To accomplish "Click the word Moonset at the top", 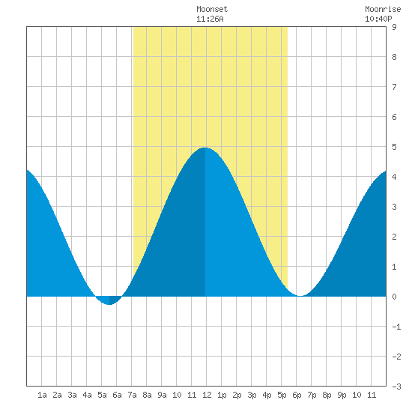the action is [x=212, y=9].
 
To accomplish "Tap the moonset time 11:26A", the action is [x=210, y=19].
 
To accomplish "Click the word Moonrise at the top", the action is [x=383, y=9].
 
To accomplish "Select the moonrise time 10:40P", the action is [x=378, y=19].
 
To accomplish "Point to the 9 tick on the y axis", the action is [x=394, y=27].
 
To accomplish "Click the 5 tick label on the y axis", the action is [x=394, y=147].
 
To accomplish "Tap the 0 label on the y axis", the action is [x=394, y=297].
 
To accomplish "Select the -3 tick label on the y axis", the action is [x=396, y=387].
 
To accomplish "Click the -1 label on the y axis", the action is [x=396, y=327].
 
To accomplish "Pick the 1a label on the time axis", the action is [x=42, y=395].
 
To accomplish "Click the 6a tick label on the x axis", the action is [x=117, y=395].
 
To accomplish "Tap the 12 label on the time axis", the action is [x=207, y=395].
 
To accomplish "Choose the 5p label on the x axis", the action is [x=282, y=395].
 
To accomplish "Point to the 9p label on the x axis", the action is [x=342, y=395].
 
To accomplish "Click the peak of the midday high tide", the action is [x=205, y=148].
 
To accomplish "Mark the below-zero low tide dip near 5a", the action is [x=109, y=304].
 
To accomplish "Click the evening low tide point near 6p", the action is [x=300, y=296].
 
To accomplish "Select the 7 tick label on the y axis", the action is [x=394, y=87].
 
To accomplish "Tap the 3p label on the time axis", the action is [x=252, y=395].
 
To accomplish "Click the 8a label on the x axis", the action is [x=147, y=395].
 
